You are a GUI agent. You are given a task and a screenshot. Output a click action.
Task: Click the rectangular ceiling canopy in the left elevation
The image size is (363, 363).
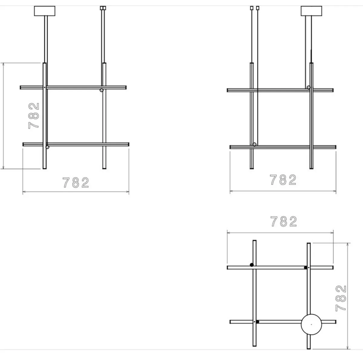(45, 11)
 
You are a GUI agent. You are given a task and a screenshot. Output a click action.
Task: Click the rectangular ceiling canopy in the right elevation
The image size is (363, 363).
(311, 11)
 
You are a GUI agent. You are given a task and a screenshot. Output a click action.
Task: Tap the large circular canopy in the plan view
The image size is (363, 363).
(311, 324)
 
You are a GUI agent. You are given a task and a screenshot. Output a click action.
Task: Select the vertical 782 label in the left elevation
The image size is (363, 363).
(34, 116)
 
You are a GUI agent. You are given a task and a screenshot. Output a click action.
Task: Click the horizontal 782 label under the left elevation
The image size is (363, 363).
(76, 183)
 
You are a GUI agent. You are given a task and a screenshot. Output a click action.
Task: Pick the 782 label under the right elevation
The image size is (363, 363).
(283, 180)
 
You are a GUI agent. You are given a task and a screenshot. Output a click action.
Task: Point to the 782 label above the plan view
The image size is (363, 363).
(284, 222)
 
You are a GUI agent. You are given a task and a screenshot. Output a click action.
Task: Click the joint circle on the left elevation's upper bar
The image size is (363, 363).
(102, 90)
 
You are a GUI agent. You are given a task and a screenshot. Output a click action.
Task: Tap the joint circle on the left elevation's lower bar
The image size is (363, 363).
(47, 147)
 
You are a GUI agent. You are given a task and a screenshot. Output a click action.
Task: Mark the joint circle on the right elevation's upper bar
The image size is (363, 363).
(309, 87)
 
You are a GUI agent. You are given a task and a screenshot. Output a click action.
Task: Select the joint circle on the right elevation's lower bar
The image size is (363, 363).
(254, 144)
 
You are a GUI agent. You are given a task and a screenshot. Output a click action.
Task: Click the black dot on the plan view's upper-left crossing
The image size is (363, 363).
(252, 265)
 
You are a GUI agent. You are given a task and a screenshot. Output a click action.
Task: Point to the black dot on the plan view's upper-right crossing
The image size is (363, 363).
(306, 267)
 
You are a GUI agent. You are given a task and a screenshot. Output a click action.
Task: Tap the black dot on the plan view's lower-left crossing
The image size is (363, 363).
(257, 322)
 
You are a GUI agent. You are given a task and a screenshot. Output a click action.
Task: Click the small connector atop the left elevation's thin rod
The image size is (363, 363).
(103, 8)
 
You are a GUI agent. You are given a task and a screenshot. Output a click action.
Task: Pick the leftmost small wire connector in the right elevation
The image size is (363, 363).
(252, 8)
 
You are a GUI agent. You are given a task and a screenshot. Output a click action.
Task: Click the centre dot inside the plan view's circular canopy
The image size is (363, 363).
(311, 324)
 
